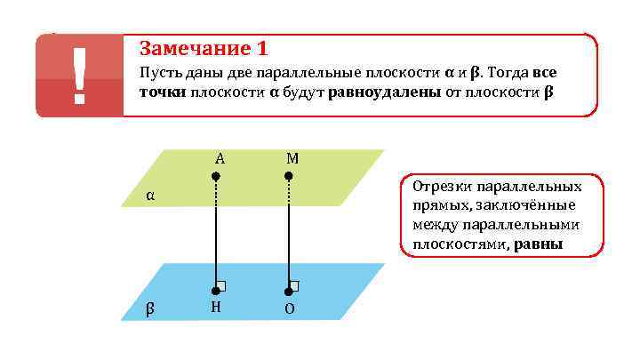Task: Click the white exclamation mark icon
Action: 79,76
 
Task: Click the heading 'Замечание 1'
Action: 204,48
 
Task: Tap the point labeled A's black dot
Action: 216,177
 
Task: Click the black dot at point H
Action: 216,291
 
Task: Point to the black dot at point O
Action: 289,291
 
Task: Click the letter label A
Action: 219,158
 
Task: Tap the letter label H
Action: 216,308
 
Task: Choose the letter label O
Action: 290,309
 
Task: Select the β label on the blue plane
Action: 150,308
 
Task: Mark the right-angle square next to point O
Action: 294,285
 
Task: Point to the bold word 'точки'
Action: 162,93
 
